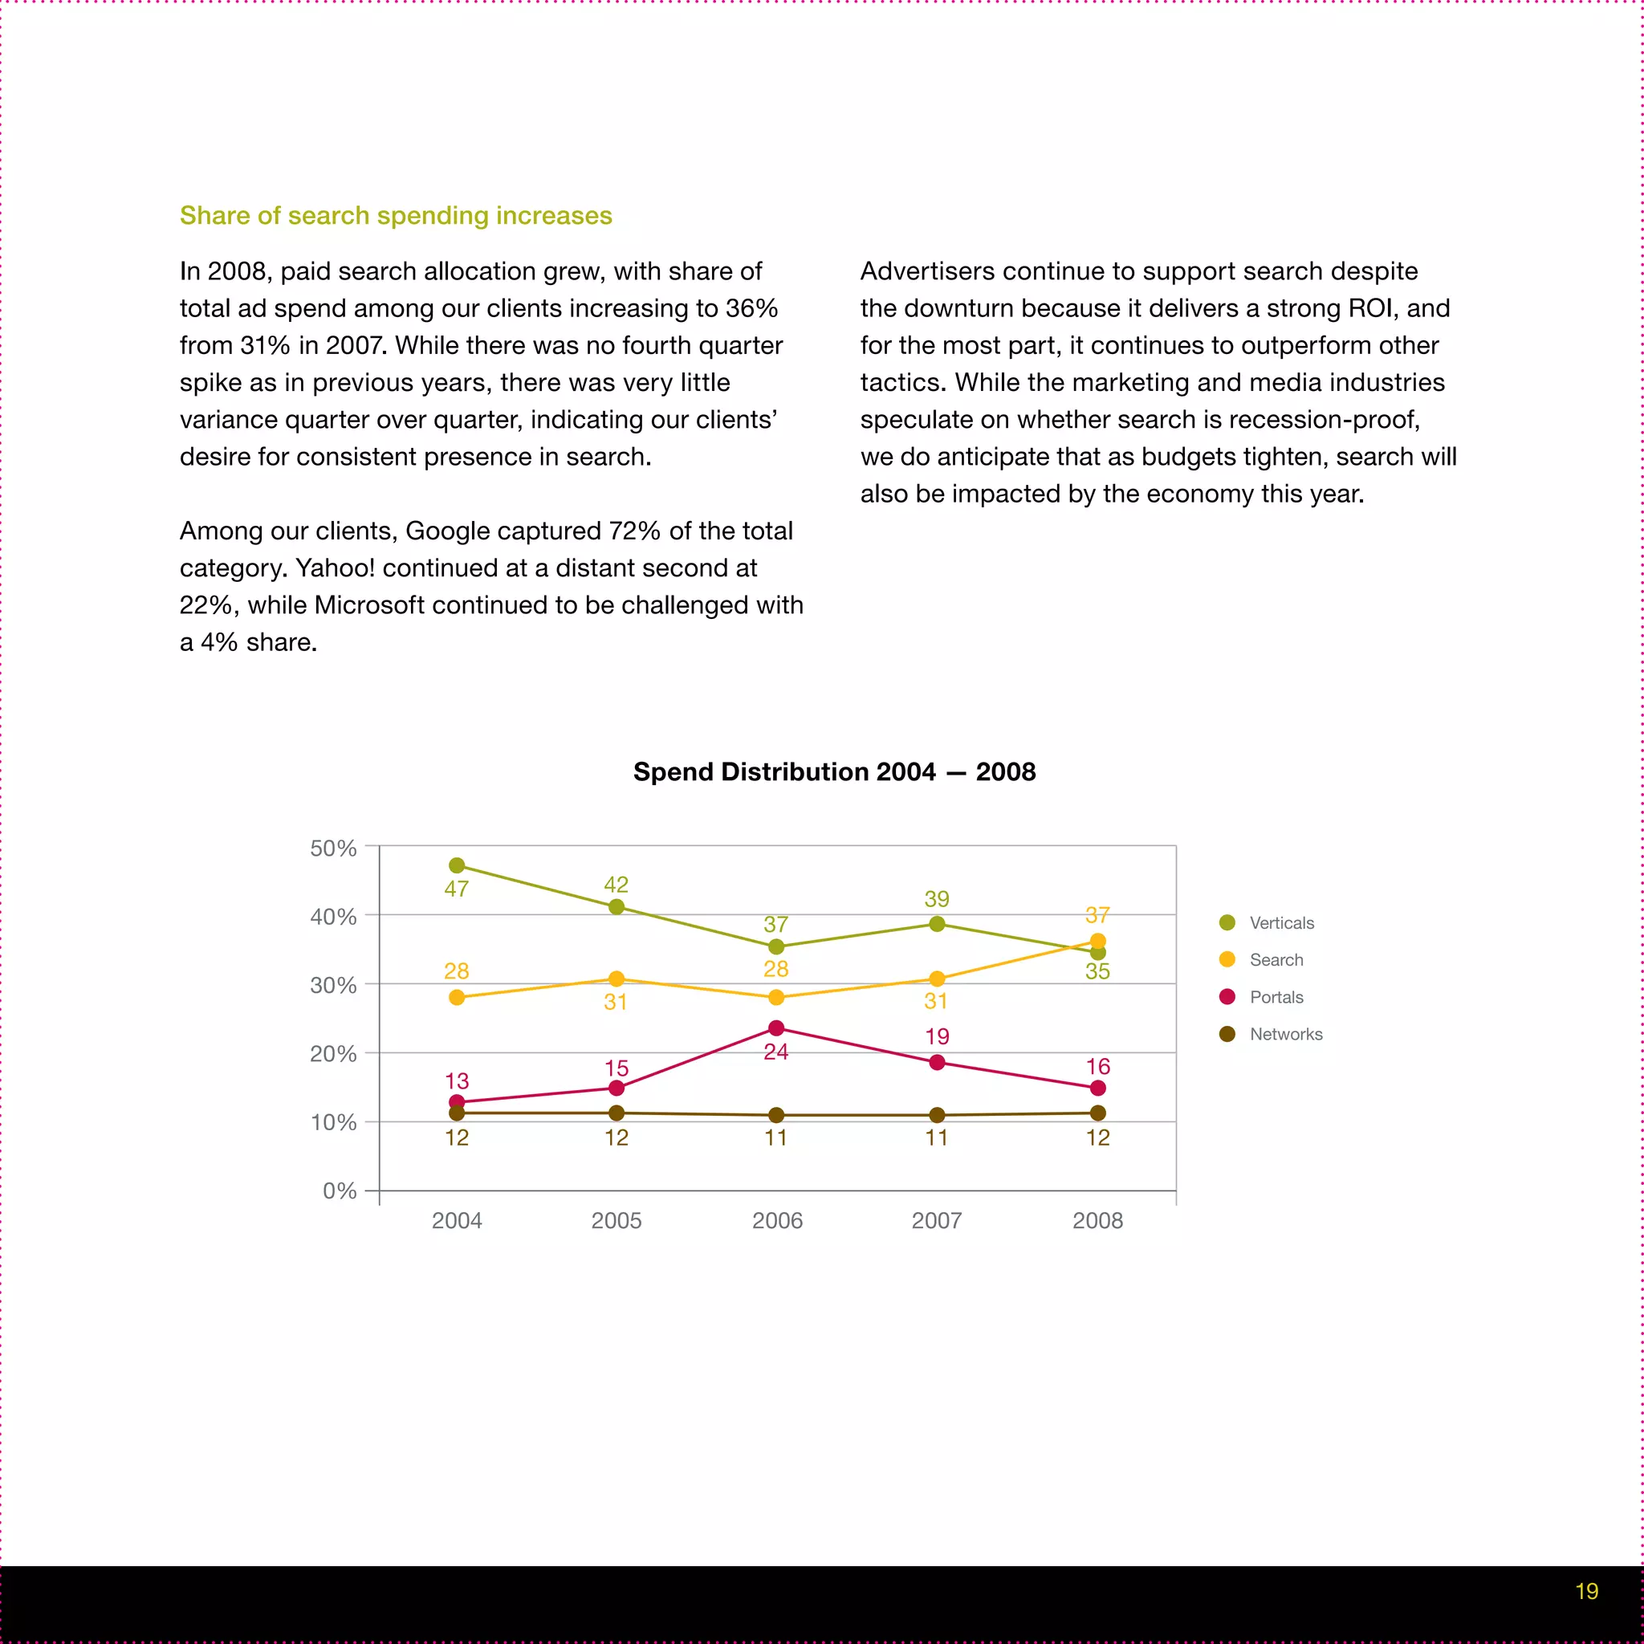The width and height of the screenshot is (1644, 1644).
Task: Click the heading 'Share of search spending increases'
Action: click(x=396, y=215)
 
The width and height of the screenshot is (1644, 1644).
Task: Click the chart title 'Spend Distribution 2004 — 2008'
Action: click(x=834, y=771)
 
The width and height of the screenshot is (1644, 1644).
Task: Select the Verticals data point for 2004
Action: click(x=457, y=865)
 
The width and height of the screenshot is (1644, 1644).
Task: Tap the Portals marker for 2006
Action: click(x=776, y=1028)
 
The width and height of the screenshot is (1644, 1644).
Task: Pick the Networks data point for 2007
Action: click(x=937, y=1115)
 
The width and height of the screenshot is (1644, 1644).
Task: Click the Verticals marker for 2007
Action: click(x=937, y=924)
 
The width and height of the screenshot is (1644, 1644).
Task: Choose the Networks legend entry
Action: click(x=1285, y=1035)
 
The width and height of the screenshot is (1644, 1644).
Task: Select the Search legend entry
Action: click(x=1276, y=960)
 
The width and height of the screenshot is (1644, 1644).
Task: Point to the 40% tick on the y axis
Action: click(x=334, y=917)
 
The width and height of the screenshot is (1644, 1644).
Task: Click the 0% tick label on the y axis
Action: click(x=340, y=1190)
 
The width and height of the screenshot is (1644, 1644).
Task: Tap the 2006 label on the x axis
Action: click(x=777, y=1220)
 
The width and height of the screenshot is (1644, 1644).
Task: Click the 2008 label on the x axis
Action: click(x=1097, y=1220)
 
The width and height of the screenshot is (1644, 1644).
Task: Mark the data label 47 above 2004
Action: click(x=457, y=889)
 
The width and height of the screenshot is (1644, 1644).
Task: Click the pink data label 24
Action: click(x=776, y=1052)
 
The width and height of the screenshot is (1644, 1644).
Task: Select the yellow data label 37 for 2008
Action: click(x=1097, y=915)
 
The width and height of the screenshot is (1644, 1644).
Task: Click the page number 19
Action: click(x=1586, y=1591)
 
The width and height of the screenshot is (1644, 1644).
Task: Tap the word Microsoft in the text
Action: click(x=369, y=605)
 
